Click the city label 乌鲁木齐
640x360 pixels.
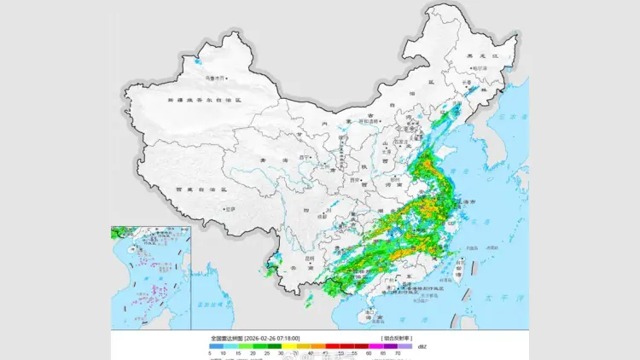(x=212, y=79)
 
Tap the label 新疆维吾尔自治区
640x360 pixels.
(x=205, y=100)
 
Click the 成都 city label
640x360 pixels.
(x=322, y=217)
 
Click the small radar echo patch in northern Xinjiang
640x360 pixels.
(x=199, y=62)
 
